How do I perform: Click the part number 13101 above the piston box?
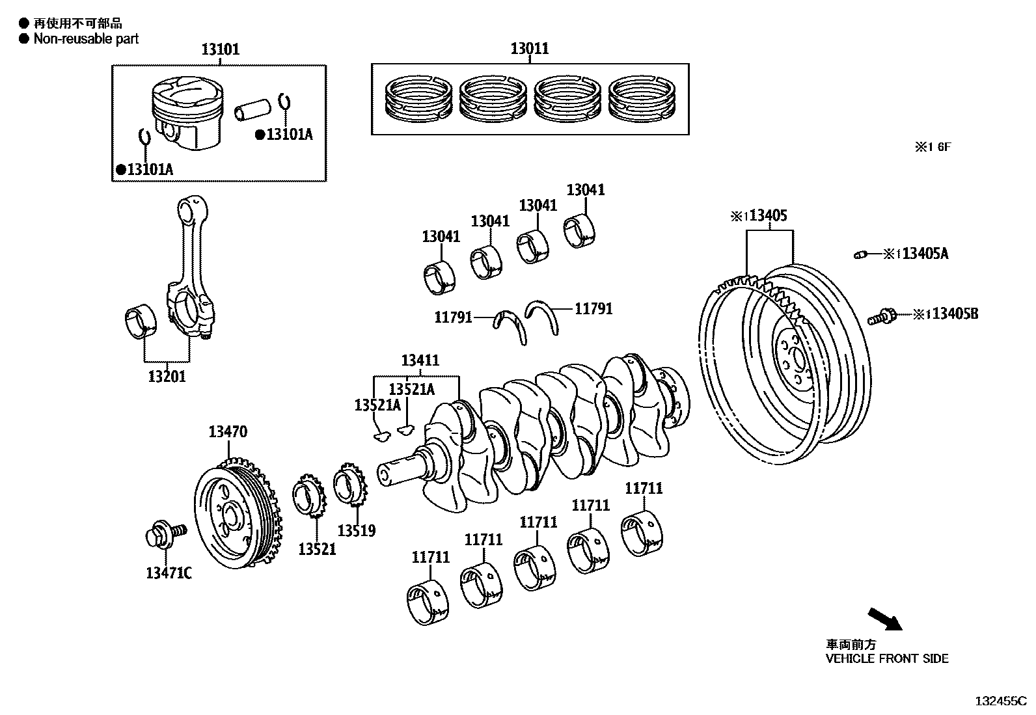220,49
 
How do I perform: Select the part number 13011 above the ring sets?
529,48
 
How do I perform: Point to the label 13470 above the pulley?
228,431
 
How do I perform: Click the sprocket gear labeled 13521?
309,496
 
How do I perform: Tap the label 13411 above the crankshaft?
420,360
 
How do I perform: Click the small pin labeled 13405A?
861,254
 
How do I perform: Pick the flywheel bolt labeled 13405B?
882,317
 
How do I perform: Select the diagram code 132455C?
1000,701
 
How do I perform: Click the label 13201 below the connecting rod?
167,376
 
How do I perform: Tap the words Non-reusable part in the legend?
86,39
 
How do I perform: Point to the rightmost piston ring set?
642,100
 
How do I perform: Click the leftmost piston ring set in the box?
419,100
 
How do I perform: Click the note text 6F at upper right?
944,147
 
